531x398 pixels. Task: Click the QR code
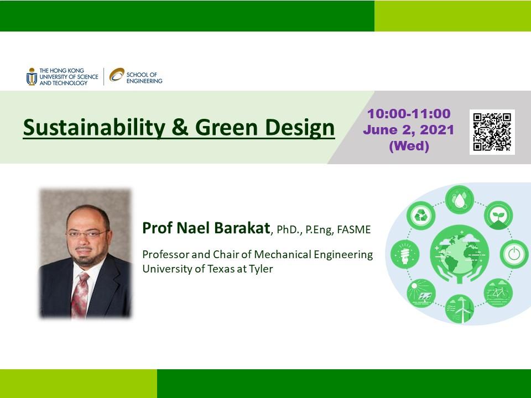[x=492, y=132]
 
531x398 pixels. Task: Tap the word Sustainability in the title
[x=94, y=128]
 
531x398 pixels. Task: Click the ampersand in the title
[x=180, y=127]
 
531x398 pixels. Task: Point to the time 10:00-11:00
[x=409, y=114]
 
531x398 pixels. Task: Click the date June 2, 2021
[x=408, y=129]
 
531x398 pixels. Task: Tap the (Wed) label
[x=409, y=146]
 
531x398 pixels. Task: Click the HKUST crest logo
[x=32, y=76]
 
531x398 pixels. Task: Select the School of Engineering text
[x=144, y=78]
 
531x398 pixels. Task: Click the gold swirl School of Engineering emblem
[x=117, y=75]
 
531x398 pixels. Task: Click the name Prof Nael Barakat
[x=206, y=228]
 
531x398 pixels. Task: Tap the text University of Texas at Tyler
[x=207, y=269]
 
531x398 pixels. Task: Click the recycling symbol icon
[x=420, y=216]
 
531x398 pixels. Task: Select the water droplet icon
[x=460, y=200]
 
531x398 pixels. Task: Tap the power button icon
[x=514, y=254]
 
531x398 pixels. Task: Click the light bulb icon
[x=405, y=254]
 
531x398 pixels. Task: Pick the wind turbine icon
[x=460, y=308]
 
